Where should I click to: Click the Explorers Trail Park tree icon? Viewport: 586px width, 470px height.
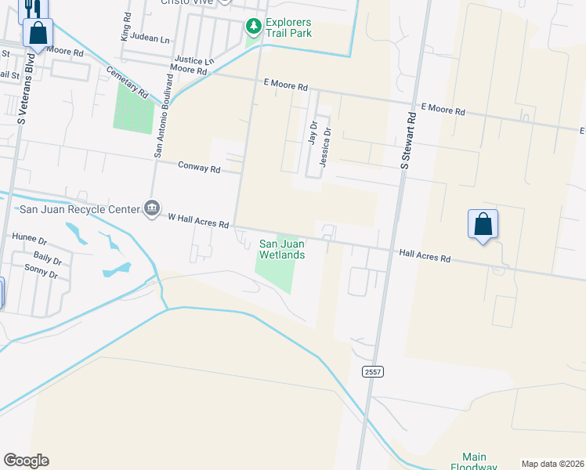[x=253, y=27]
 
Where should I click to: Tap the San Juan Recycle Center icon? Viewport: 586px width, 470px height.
[x=152, y=208]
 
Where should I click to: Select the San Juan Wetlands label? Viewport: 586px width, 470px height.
[x=282, y=249]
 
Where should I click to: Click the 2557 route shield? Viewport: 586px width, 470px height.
[x=374, y=373]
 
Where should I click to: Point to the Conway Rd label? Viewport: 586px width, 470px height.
[x=199, y=167]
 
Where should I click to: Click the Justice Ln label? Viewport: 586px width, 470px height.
[x=194, y=60]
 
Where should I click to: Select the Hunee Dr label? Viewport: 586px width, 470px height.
[x=30, y=237]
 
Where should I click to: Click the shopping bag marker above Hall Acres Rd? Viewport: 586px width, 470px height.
[x=483, y=225]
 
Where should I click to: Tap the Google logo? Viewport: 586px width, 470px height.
[x=26, y=461]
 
